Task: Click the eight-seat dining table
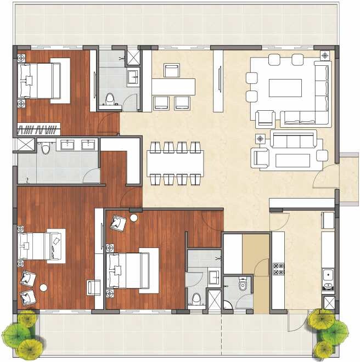(175, 162)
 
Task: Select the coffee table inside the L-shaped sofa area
(284, 88)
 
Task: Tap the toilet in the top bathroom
(110, 99)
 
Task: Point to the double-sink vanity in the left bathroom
(77, 145)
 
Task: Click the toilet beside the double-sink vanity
(46, 148)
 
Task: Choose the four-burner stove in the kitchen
(278, 269)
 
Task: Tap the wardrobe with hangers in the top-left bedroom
(38, 129)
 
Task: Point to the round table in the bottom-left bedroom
(43, 287)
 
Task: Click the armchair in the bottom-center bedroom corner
(118, 222)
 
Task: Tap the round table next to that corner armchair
(134, 218)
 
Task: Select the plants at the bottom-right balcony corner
(328, 331)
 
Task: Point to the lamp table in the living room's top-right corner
(325, 55)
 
